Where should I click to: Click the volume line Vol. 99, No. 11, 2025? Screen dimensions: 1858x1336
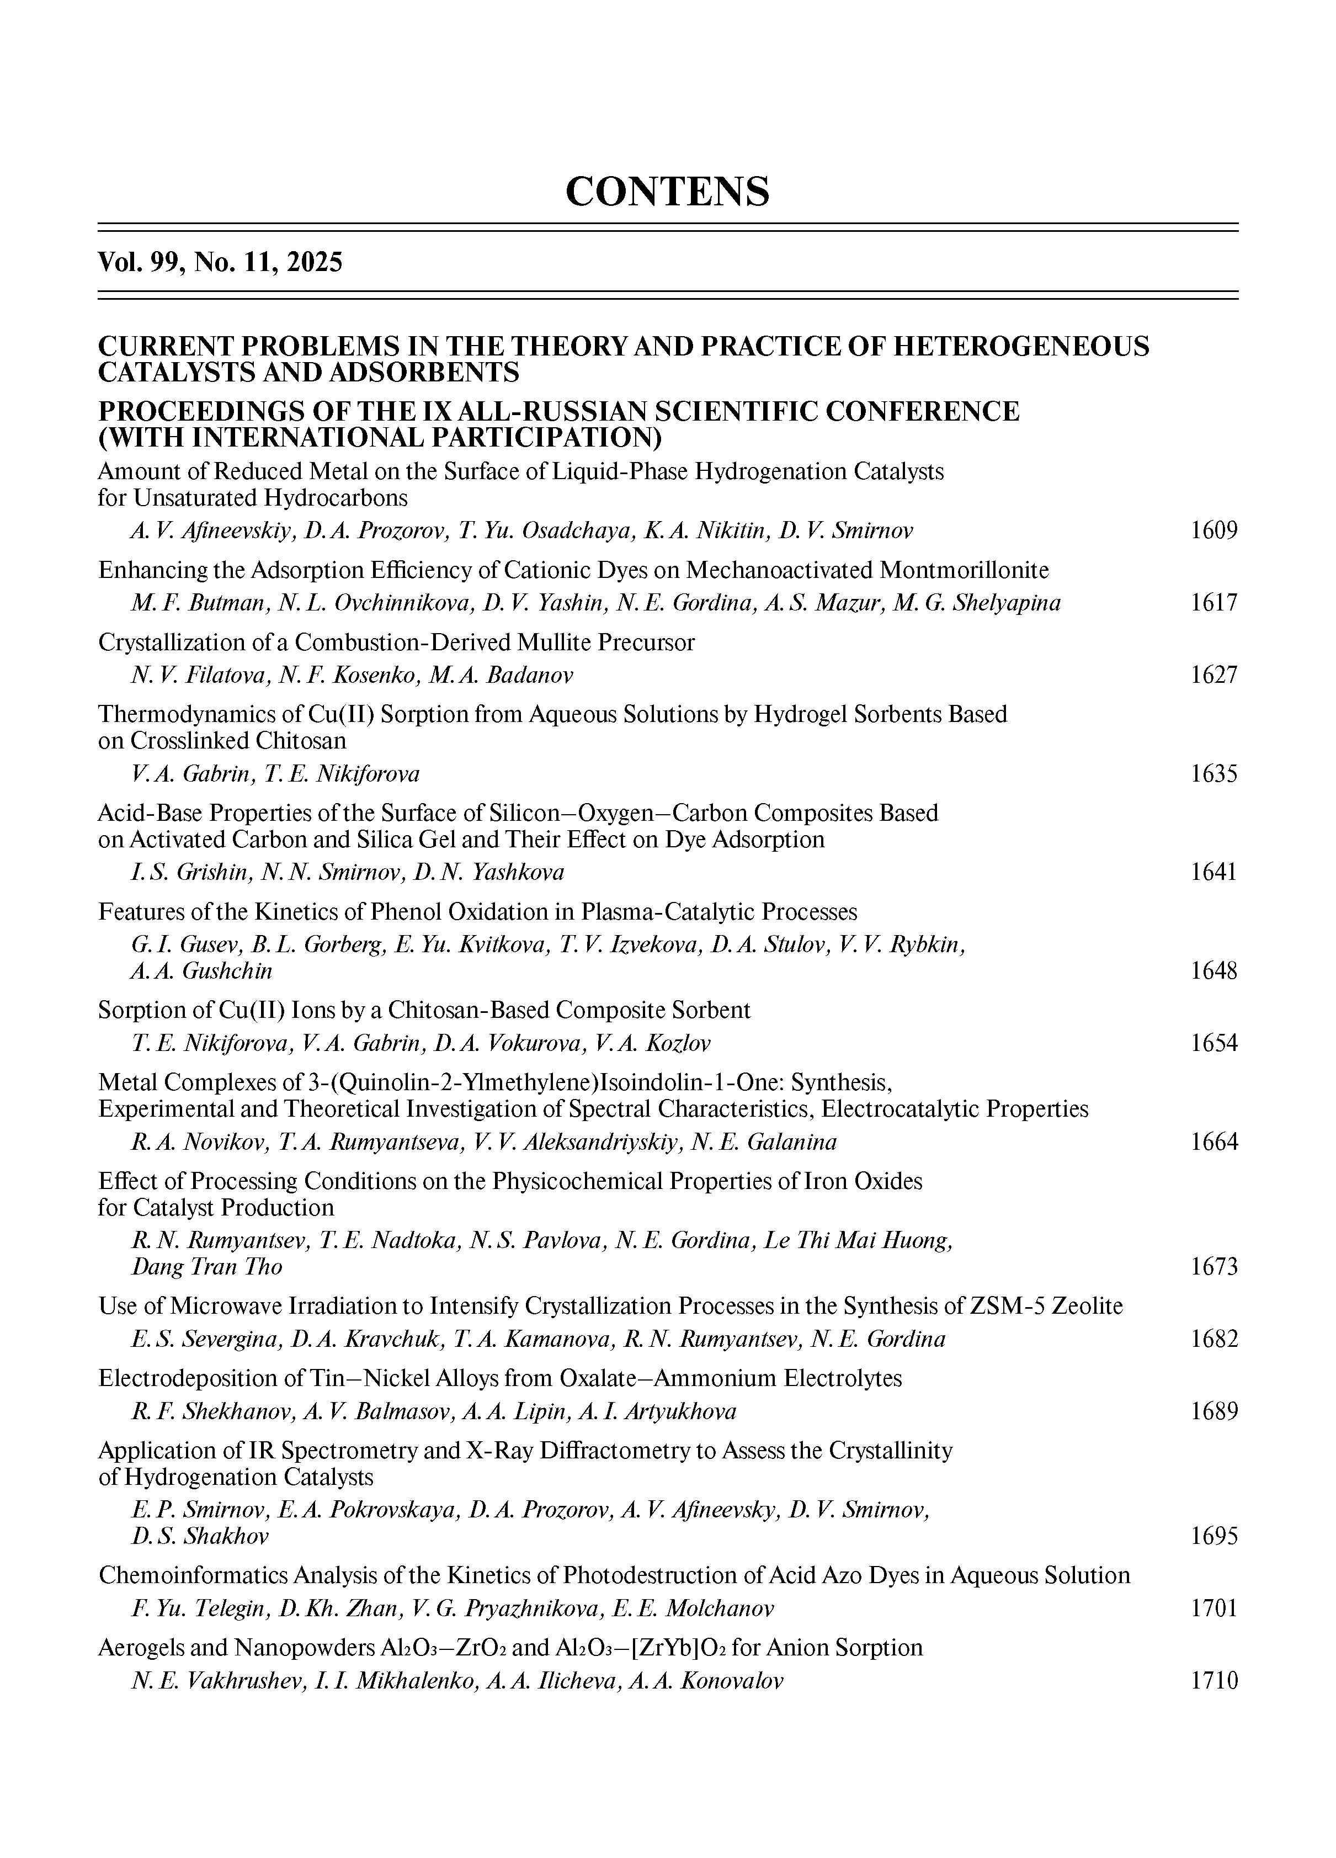pyautogui.click(x=220, y=262)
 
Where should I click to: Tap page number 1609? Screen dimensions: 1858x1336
pyautogui.click(x=1213, y=531)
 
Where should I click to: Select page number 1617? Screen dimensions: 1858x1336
pyautogui.click(x=1213, y=603)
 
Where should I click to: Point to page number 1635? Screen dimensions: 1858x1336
pyautogui.click(x=1213, y=773)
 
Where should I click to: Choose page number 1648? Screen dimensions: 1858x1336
pyautogui.click(x=1213, y=971)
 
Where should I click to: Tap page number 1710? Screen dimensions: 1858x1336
pyautogui.click(x=1213, y=1680)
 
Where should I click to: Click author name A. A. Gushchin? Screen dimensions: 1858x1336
pyautogui.click(x=201, y=971)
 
